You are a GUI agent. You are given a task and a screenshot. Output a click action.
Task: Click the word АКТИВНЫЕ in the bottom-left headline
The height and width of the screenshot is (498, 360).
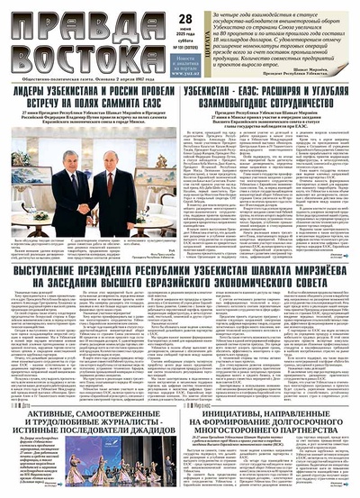(40, 424)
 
